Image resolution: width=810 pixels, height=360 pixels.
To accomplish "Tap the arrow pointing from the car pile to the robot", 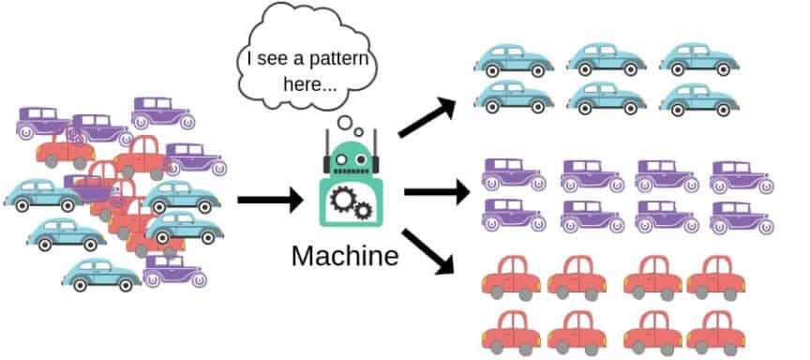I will point(270,199).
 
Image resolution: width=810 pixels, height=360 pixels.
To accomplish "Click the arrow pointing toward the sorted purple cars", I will point(436,194).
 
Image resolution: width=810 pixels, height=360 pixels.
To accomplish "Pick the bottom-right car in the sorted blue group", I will point(698,96).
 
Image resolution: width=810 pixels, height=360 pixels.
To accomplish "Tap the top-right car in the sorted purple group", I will point(742,175).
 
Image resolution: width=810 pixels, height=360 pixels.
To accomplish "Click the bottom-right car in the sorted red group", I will point(716,331).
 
